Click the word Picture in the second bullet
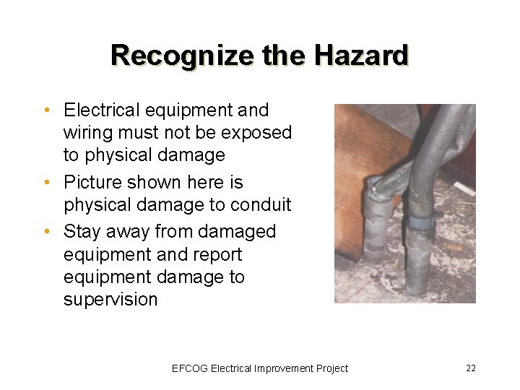91,183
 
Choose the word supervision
110,300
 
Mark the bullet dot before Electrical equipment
47,111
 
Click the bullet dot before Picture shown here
47,183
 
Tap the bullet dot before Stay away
47,233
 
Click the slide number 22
471,368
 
